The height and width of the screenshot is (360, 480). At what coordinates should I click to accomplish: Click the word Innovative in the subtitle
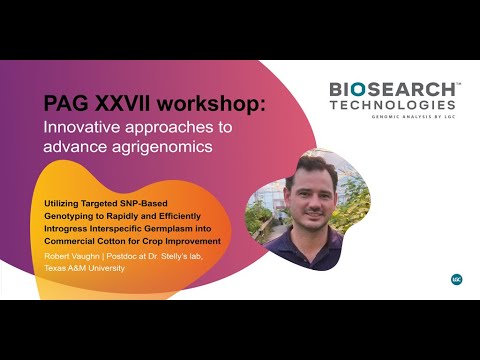click(x=84, y=127)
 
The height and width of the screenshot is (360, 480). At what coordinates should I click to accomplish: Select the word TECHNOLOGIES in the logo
click(x=393, y=105)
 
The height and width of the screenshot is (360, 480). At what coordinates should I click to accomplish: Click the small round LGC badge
click(x=456, y=279)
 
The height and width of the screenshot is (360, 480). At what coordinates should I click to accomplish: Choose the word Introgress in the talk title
click(x=70, y=228)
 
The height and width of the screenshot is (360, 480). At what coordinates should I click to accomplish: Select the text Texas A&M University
click(x=83, y=268)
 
